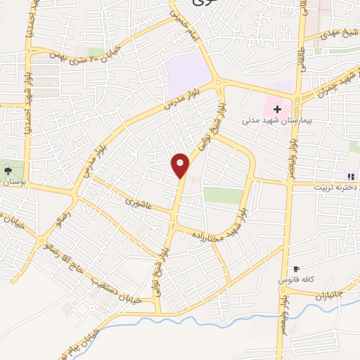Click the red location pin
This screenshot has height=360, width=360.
pyautogui.click(x=181, y=165)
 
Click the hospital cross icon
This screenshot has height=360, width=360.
pyautogui.click(x=278, y=109)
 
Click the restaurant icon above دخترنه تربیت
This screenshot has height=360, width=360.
pyautogui.click(x=349, y=176)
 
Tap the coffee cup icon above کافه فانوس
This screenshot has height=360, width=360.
pyautogui.click(x=295, y=269)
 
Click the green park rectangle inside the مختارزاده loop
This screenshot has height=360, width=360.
pyautogui.click(x=223, y=195)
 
